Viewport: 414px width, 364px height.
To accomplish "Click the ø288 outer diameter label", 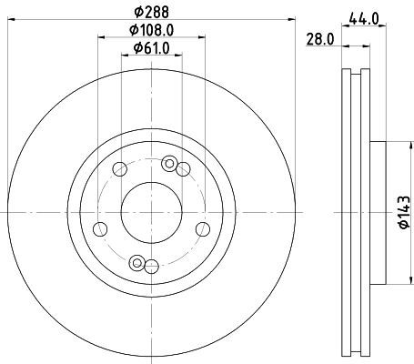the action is point(151,13).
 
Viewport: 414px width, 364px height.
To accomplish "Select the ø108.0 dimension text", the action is point(151,30).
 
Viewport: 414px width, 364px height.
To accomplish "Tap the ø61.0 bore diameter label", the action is point(151,48).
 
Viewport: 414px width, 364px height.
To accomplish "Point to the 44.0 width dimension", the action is point(364,19).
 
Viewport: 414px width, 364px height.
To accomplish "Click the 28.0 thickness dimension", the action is point(320,39).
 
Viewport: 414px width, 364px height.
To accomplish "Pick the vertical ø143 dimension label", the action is point(404,212).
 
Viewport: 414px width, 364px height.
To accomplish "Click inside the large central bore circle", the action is point(151,213).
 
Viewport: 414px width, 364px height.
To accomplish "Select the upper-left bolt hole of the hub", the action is point(119,169).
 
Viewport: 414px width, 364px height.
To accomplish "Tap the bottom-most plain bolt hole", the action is point(151,267).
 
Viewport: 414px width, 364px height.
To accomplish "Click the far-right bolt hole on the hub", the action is point(203,229).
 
